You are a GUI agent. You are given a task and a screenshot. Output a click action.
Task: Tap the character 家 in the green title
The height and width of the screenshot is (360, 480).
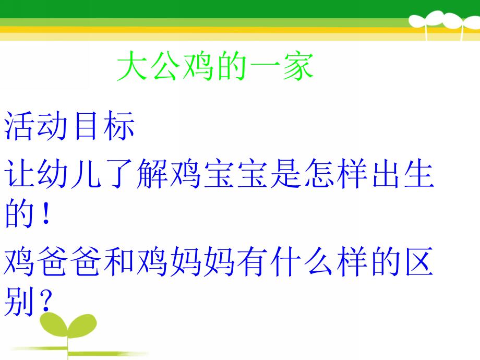pos(298,67)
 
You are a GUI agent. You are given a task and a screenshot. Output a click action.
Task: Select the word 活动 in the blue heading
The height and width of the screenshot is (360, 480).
pos(36,127)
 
